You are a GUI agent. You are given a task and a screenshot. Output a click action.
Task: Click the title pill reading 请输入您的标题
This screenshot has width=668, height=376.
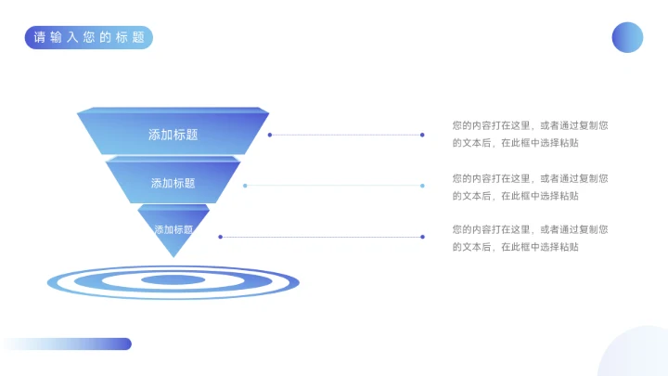(89, 37)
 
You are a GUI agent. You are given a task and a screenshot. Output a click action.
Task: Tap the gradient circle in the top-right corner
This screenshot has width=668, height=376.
(627, 37)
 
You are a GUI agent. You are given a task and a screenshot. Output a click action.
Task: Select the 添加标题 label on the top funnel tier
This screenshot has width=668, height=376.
(173, 135)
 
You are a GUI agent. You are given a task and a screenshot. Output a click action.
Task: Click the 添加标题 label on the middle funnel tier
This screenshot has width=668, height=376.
(173, 183)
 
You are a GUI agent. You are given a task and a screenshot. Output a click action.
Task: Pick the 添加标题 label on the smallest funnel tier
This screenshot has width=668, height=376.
(173, 229)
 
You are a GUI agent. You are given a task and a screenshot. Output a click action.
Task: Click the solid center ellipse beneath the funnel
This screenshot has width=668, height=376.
(173, 280)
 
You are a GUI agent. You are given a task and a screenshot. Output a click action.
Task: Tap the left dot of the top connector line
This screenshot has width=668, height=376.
(270, 135)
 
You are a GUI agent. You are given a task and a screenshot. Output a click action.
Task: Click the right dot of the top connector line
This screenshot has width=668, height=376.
(422, 135)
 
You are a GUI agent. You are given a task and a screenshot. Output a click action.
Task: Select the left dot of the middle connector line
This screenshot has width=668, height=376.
(245, 186)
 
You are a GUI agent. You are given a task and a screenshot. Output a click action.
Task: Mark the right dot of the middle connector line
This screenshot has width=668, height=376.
(422, 186)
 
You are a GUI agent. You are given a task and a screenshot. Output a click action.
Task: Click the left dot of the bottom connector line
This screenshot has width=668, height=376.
(220, 237)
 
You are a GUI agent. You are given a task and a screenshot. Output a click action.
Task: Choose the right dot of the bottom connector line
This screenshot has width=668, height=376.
(422, 237)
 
